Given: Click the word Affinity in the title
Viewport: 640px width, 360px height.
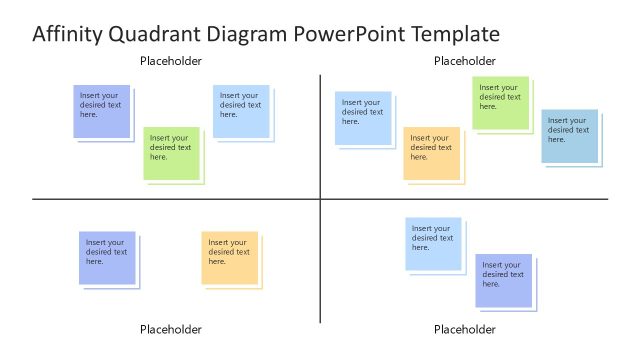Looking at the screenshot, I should [66, 35].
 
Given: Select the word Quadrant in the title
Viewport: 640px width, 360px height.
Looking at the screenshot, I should [150, 35].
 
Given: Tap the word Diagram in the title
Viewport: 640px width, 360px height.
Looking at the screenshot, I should [247, 35].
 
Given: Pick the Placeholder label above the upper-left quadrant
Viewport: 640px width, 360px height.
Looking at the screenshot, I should [170, 61].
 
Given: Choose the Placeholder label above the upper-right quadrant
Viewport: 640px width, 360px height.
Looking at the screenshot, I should [464, 61].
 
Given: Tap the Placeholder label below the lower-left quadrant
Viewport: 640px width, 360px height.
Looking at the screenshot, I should [170, 329].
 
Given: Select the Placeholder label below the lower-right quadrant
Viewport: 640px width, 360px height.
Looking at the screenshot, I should [464, 329].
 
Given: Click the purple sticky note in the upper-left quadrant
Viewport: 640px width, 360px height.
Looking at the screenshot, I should [101, 111].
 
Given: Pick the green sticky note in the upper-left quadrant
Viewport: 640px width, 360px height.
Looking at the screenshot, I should [171, 153].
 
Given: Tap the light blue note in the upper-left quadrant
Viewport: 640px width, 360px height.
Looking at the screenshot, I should [240, 111].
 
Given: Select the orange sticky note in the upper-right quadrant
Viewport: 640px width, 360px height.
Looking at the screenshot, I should [431, 153].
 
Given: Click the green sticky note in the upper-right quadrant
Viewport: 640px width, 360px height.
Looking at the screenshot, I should [500, 102].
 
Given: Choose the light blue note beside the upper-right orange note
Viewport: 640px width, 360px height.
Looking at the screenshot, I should [362, 117].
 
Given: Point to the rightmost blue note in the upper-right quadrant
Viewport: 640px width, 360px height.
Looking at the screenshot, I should [569, 135].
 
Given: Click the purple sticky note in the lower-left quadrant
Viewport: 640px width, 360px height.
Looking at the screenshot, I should [107, 257].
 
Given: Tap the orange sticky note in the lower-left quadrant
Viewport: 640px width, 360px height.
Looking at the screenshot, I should [229, 257].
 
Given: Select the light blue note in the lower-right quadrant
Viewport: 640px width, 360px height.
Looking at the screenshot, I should [433, 243].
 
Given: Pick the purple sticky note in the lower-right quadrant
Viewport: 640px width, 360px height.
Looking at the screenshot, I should [503, 279].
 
